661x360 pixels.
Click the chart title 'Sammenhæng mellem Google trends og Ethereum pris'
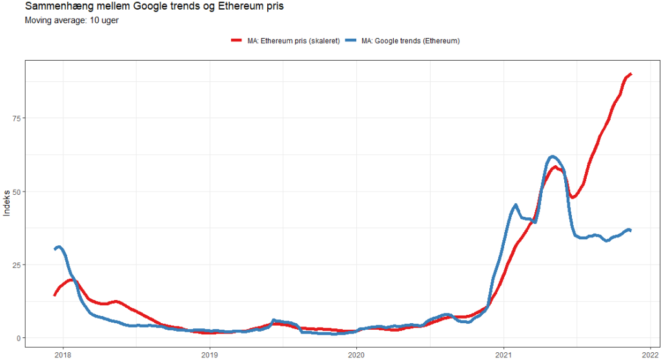point(153,7)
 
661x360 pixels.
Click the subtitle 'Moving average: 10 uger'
point(71,20)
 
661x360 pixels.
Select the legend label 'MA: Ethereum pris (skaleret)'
point(293,41)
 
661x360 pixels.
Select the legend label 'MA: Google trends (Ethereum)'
point(410,41)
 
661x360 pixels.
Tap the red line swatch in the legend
point(237,41)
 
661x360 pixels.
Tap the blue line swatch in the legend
point(352,41)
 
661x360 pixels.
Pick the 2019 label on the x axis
point(210,354)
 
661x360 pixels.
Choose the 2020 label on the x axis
point(357,354)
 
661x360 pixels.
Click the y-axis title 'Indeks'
point(7,204)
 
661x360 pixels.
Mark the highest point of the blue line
point(553,157)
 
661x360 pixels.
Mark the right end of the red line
point(631,74)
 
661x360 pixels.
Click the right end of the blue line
point(630,230)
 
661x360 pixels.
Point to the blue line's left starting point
point(55,249)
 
